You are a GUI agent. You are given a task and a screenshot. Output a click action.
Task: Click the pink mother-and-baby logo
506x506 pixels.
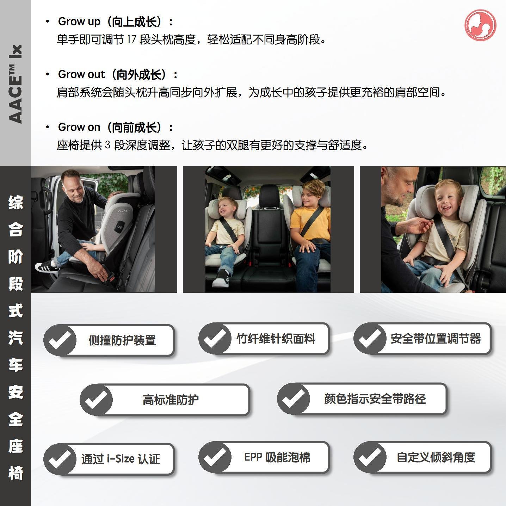(480, 25)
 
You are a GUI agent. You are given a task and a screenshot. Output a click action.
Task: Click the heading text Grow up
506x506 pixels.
(79, 21)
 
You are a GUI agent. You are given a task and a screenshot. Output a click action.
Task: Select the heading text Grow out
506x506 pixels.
(81, 74)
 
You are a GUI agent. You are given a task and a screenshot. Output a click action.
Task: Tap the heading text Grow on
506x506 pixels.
(79, 127)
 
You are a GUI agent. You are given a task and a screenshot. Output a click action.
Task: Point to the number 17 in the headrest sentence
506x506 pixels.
(132, 39)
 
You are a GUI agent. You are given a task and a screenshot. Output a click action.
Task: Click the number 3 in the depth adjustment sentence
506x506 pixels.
(108, 145)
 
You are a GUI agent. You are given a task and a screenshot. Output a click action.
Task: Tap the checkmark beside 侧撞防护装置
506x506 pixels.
(60, 340)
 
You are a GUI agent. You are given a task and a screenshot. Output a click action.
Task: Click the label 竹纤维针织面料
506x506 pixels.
(276, 339)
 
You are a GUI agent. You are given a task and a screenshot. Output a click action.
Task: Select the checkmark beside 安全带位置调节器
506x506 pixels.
(370, 339)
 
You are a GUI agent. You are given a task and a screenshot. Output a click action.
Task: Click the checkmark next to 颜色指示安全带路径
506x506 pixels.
(294, 399)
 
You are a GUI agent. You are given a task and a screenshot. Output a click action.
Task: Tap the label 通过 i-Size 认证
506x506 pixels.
(121, 459)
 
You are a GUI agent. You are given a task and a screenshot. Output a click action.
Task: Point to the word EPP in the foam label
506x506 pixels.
(253, 457)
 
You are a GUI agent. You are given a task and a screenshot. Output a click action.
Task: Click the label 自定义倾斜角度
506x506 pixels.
(436, 457)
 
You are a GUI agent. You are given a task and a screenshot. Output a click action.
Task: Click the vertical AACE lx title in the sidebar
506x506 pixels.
(15, 84)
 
